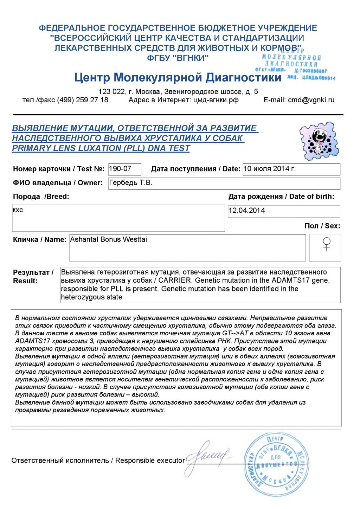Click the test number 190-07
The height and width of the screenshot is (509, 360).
pyautogui.click(x=120, y=169)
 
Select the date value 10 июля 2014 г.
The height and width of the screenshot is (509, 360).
pyautogui.click(x=269, y=169)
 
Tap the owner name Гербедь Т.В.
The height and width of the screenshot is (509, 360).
pyautogui.click(x=130, y=183)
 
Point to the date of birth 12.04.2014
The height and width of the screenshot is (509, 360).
pyautogui.click(x=247, y=211)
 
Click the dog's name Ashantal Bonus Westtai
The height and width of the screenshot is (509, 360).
pyautogui.click(x=108, y=239)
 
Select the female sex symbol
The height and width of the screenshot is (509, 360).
pyautogui.click(x=327, y=244)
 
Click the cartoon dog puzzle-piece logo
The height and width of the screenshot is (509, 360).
pyautogui.click(x=319, y=141)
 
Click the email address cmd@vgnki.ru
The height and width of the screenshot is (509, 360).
pyautogui.click(x=311, y=100)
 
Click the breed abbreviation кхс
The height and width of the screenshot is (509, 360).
pyautogui.click(x=18, y=210)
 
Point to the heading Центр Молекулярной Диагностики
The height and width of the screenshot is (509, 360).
pyautogui.click(x=178, y=77)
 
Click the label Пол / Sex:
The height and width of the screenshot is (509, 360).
pyautogui.click(x=322, y=226)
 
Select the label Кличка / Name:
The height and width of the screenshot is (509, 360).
pyautogui.click(x=40, y=240)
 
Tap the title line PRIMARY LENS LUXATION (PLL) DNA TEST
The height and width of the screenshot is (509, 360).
pyautogui.click(x=101, y=148)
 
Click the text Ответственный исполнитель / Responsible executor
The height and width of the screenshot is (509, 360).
pyautogui.click(x=98, y=460)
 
